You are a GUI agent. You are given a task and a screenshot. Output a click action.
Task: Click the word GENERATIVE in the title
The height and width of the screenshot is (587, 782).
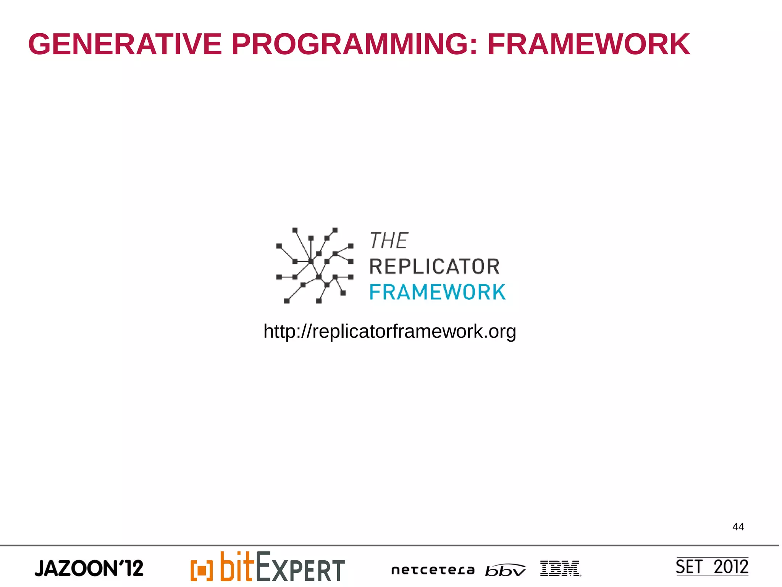click(125, 44)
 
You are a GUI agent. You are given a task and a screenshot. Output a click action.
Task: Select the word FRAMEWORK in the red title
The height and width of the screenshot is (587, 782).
click(588, 44)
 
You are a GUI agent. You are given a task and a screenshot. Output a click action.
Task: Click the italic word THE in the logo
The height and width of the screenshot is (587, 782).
click(389, 241)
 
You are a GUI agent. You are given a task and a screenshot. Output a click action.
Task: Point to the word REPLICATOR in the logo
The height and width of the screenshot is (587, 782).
click(435, 266)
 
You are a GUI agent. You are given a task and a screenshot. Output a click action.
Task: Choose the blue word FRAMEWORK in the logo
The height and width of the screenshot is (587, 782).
click(438, 292)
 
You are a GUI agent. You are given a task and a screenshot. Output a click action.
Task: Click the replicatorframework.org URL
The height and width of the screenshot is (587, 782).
click(389, 331)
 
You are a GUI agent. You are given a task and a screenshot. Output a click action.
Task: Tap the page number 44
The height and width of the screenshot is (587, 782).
click(738, 527)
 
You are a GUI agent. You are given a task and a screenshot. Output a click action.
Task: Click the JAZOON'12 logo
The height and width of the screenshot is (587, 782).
click(89, 568)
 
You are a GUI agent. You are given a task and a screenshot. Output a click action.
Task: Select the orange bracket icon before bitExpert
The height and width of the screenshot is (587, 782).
click(201, 570)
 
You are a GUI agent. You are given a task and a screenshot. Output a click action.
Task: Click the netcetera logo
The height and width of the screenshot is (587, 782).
click(433, 570)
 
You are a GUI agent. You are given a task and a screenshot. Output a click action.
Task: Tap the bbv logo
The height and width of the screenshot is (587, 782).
click(505, 570)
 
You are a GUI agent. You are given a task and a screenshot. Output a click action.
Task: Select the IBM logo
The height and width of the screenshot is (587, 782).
click(560, 568)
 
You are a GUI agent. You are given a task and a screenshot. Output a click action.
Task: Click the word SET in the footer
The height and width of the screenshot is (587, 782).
click(689, 567)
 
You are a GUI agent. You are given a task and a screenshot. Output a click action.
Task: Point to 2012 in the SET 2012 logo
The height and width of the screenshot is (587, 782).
click(731, 567)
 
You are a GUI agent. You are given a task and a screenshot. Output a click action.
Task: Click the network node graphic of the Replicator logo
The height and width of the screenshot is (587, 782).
click(315, 265)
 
